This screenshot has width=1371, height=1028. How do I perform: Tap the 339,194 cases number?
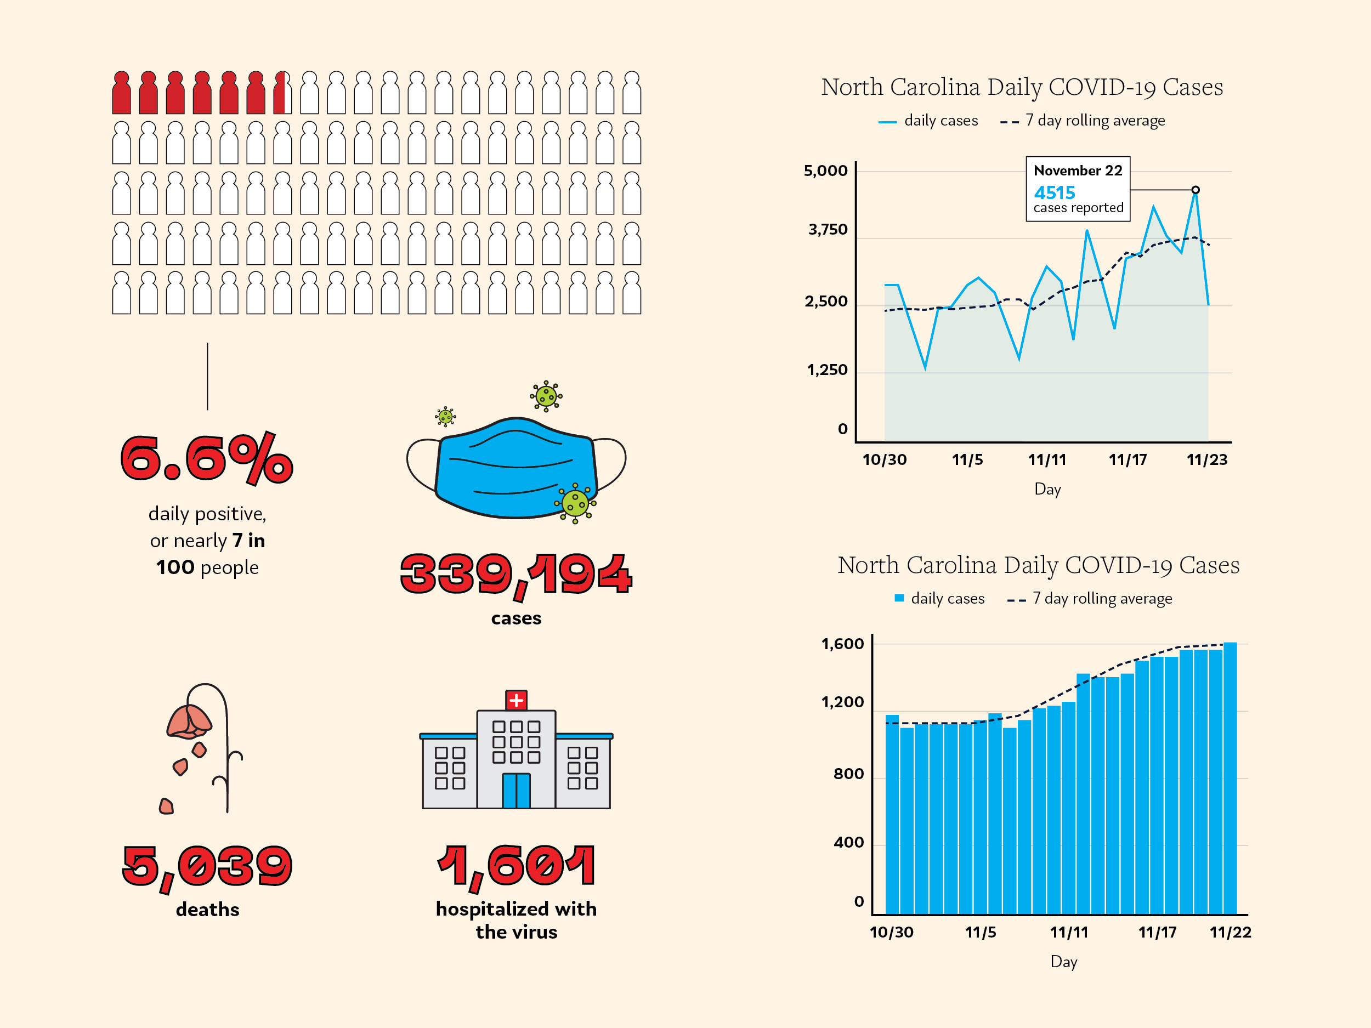(515, 574)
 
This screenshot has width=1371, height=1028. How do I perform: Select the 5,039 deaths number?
(207, 866)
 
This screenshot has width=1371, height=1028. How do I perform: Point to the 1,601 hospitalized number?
(515, 866)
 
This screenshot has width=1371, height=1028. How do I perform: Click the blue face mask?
(515, 468)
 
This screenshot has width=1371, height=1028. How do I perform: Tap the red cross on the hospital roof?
(516, 700)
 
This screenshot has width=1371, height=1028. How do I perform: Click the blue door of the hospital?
(516, 791)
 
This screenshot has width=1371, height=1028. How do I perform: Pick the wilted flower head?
(189, 723)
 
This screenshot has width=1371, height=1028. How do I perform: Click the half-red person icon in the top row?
(282, 93)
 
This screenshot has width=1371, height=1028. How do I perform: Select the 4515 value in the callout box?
(1054, 192)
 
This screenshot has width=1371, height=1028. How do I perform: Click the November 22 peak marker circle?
(1196, 190)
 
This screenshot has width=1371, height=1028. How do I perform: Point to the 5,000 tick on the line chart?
(825, 171)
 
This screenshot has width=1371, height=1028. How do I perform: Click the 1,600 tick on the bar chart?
(842, 644)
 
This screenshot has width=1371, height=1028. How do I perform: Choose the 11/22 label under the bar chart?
(1230, 932)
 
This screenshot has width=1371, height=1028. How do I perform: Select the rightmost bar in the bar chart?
(1230, 777)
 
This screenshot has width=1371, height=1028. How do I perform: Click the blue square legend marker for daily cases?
(899, 598)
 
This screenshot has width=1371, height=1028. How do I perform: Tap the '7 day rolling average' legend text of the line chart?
(1095, 120)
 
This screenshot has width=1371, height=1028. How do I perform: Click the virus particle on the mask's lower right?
(575, 503)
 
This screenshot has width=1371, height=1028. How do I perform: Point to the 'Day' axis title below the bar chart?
(1063, 962)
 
